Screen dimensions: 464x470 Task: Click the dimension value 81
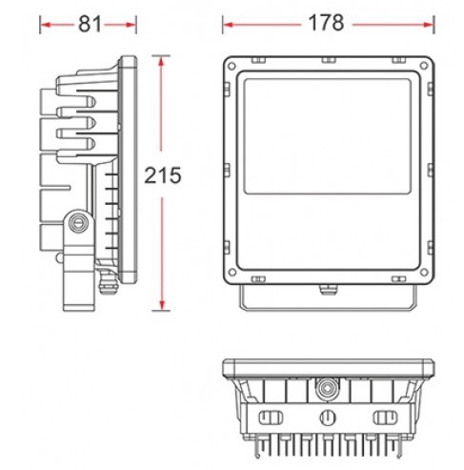pos(90,24)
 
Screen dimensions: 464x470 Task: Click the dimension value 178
pos(326,23)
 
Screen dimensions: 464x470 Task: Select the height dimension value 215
pos(163,175)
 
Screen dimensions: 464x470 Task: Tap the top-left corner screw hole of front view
pos(232,67)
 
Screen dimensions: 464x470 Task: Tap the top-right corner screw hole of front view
pos(424,66)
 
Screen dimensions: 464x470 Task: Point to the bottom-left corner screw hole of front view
pos(232,273)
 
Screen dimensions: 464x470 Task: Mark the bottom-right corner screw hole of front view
pos(424,273)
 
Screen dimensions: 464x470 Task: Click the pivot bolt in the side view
pos(78,222)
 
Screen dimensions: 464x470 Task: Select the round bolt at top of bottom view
pos(326,387)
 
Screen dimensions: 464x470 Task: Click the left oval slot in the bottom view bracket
pos(271,418)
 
